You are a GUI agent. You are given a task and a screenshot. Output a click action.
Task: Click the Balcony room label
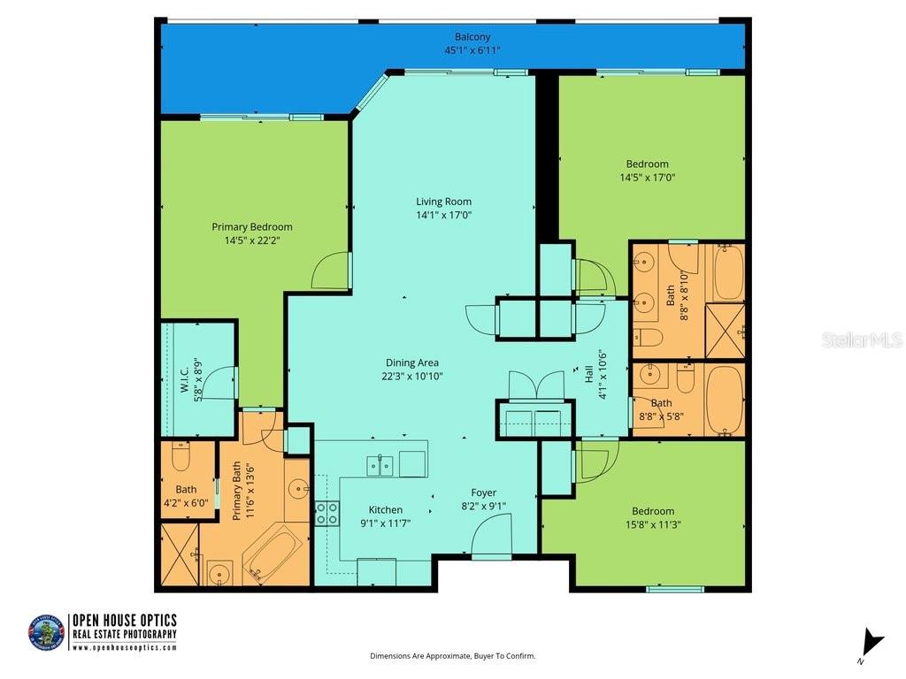pyautogui.click(x=472, y=37)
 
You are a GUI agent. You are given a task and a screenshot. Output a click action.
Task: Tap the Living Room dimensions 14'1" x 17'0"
pyautogui.click(x=444, y=215)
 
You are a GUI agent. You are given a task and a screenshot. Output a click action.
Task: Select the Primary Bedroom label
pyautogui.click(x=252, y=227)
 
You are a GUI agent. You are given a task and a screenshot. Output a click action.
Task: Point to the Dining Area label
pyautogui.click(x=412, y=362)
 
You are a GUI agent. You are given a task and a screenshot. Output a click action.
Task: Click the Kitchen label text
pyautogui.click(x=386, y=509)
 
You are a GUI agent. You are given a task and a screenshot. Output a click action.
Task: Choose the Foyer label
pyautogui.click(x=484, y=492)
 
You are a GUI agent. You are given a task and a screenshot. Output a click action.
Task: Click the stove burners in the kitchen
pyautogui.click(x=326, y=514)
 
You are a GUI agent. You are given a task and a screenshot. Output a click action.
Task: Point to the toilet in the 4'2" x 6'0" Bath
pyautogui.click(x=180, y=457)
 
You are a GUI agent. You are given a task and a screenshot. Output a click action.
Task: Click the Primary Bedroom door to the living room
pyautogui.click(x=331, y=271)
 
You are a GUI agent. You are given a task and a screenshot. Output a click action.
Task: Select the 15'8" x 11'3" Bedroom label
pyautogui.click(x=653, y=511)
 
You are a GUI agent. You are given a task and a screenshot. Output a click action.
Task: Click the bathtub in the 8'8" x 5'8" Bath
pyautogui.click(x=724, y=400)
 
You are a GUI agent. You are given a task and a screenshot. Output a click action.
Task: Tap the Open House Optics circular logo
pyautogui.click(x=47, y=633)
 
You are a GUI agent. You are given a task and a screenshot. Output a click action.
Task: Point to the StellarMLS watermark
pyautogui.click(x=861, y=340)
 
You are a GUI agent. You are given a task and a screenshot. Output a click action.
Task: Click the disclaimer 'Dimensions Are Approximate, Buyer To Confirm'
pyautogui.click(x=452, y=656)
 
